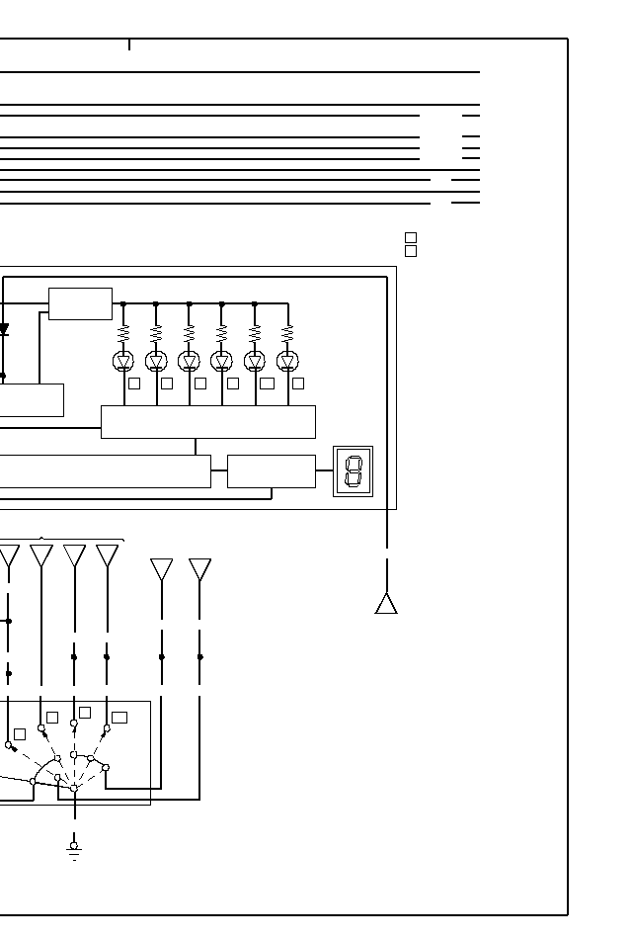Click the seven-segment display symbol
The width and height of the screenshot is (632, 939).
[x=353, y=471]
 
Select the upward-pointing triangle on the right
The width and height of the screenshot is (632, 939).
[x=386, y=603]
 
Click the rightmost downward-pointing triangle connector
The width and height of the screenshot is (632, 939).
[x=200, y=568]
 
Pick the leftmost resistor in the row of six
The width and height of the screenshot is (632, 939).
[x=123, y=333]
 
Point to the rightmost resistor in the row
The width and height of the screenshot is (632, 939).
[x=287, y=333]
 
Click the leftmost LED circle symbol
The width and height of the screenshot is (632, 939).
[x=123, y=361]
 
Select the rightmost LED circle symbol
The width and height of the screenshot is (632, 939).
[x=287, y=361]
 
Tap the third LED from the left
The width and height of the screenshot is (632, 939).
[x=189, y=361]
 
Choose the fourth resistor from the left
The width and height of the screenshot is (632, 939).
[x=221, y=333]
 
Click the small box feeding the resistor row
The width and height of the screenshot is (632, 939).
[x=80, y=303]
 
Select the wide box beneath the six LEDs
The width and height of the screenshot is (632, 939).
[x=208, y=421]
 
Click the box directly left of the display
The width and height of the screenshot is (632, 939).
[x=272, y=471]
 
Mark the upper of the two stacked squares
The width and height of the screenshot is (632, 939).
[x=411, y=238]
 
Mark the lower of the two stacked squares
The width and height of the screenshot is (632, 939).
[x=411, y=251]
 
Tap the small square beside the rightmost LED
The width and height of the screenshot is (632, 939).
[x=298, y=384]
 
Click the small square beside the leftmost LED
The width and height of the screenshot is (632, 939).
[x=134, y=384]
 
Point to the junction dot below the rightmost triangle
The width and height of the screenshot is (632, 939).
[x=200, y=656]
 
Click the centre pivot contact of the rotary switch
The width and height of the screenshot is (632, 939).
[x=74, y=788]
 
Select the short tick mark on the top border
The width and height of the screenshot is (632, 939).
[x=128, y=44]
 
